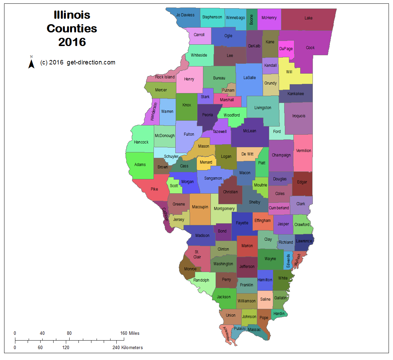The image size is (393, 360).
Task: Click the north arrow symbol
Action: tap(31, 63)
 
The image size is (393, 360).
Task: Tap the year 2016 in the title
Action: tap(72, 42)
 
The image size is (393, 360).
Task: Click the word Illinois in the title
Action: tap(72, 15)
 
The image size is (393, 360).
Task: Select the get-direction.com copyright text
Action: tap(78, 62)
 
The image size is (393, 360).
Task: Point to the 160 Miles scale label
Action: tap(130, 333)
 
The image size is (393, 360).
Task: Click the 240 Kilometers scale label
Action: tap(128, 347)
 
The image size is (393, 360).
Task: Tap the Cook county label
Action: tap(310, 48)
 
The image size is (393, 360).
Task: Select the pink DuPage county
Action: tap(286, 49)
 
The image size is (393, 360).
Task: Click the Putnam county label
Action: tap(228, 90)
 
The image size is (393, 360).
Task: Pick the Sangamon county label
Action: tap(213, 178)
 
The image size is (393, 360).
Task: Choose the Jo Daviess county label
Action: tap(185, 15)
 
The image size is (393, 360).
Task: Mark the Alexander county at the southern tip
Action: tap(226, 333)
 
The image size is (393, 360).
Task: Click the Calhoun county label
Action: tap(165, 214)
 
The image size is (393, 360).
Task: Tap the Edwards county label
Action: tap(288, 260)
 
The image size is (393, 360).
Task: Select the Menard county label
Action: tap(206, 162)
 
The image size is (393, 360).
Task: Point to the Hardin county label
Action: tap(279, 314)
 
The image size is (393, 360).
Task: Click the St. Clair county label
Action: tap(197, 254)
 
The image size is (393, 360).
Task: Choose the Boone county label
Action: tap(251, 20)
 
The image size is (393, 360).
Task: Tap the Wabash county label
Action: tap(297, 259)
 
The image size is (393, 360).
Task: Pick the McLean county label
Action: tap(249, 131)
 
